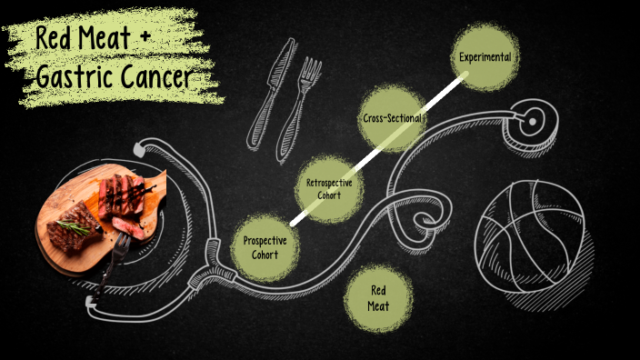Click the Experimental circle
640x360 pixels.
pyautogui.click(x=485, y=56)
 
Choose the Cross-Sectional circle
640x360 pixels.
pyautogui.click(x=391, y=119)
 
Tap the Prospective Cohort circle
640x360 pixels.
pyautogui.click(x=265, y=247)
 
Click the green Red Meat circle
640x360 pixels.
pyautogui.click(x=378, y=298)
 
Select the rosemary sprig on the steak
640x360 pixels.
pyautogui.click(x=75, y=226)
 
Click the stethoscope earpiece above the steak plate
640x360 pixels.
pyautogui.click(x=138, y=146)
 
